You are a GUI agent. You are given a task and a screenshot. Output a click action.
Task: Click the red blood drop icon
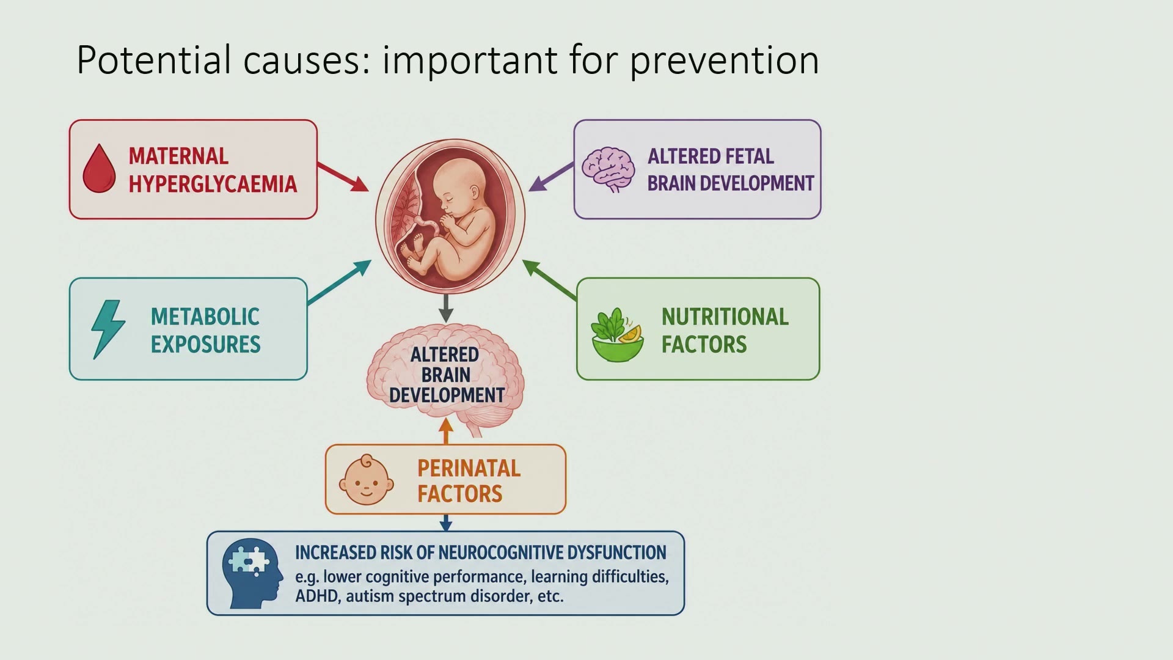click(99, 169)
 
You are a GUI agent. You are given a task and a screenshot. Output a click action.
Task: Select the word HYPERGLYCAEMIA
click(213, 184)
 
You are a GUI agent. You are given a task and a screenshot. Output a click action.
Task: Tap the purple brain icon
click(608, 169)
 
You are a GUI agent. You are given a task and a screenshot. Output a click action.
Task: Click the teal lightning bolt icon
click(108, 329)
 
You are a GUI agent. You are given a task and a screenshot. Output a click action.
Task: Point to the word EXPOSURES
click(206, 345)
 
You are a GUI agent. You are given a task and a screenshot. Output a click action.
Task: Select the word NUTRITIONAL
click(725, 317)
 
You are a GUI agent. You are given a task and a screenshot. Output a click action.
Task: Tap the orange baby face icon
click(367, 480)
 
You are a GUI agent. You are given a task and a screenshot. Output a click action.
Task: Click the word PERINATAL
click(469, 468)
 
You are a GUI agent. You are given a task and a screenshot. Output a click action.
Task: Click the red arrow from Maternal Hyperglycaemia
click(343, 177)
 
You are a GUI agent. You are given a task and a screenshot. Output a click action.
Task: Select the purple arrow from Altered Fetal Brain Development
click(551, 177)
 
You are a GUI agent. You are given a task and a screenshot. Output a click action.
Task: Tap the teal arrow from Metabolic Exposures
click(340, 282)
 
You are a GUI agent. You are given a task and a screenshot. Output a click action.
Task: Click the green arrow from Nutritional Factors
click(549, 280)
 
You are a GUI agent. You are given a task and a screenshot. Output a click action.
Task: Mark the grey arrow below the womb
click(446, 309)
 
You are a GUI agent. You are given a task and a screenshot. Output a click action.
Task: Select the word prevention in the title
click(724, 61)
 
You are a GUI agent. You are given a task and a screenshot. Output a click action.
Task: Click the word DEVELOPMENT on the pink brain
click(447, 395)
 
